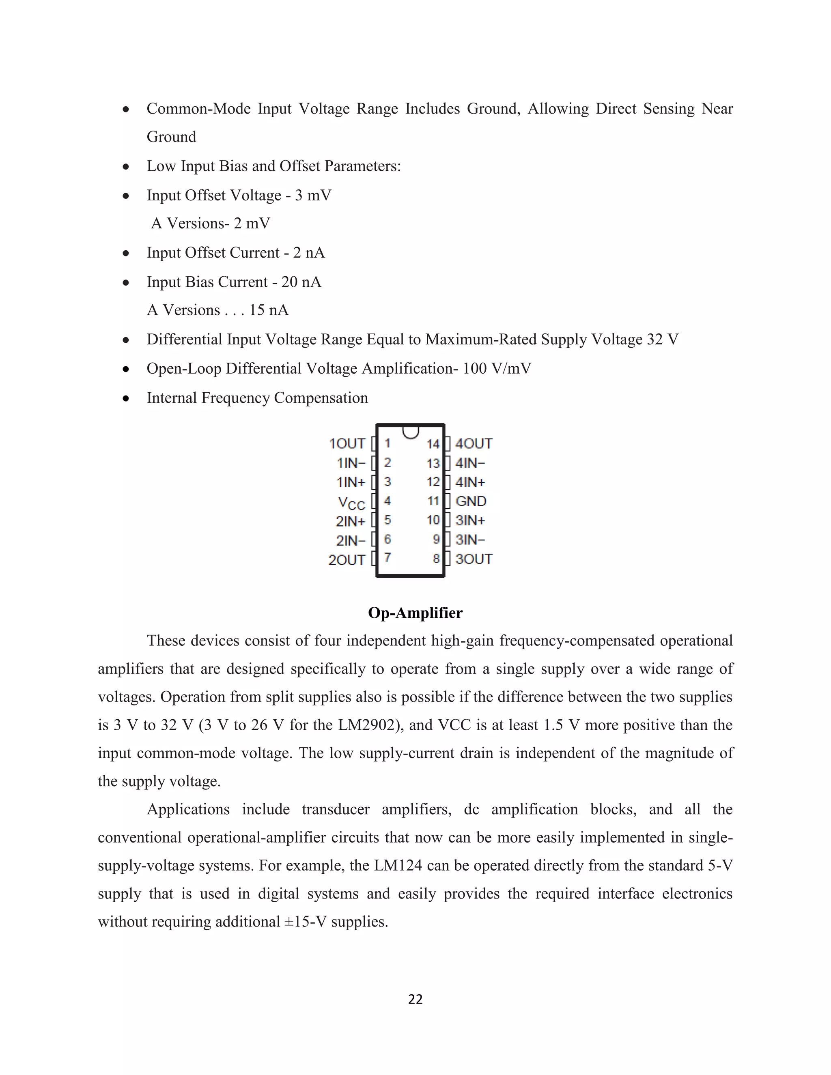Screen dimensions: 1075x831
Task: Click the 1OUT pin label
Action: coord(347,444)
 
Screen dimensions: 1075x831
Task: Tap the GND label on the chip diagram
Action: coord(471,501)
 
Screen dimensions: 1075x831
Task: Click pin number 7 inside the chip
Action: coord(388,558)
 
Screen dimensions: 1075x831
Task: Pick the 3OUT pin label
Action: coord(474,559)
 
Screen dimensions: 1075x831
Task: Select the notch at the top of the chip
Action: coord(411,432)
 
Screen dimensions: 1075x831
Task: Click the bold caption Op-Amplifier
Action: coord(415,613)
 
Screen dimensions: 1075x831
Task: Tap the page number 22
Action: coord(415,999)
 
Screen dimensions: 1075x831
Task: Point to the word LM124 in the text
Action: coord(398,866)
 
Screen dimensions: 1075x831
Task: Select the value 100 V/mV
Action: coord(497,369)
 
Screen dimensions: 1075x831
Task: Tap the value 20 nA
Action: coord(301,282)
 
